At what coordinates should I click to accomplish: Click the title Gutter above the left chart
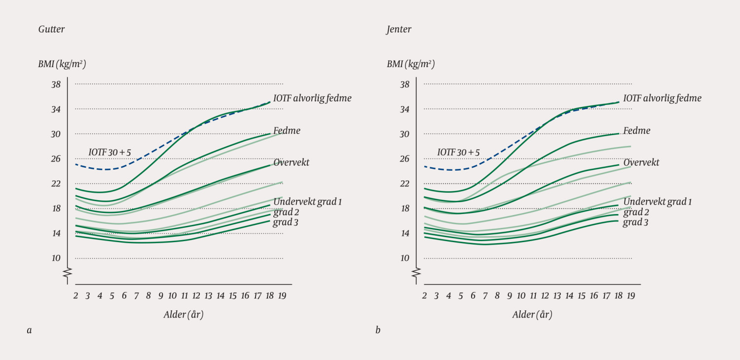point(51,30)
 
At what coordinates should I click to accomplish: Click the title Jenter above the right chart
point(399,30)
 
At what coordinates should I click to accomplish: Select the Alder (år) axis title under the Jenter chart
point(532,315)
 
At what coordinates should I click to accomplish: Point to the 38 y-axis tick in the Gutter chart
point(56,84)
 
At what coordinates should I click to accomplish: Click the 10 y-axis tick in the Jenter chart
point(405,258)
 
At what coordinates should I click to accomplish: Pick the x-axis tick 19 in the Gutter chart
point(281,296)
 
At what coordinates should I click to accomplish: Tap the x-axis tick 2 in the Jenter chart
point(424,296)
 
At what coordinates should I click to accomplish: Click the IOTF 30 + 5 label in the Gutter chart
point(110,152)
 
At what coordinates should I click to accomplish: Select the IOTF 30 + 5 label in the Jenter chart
point(458,152)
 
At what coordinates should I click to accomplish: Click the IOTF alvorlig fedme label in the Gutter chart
point(312,98)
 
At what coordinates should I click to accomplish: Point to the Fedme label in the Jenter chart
point(637,131)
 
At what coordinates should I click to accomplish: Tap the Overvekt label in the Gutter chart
point(291,163)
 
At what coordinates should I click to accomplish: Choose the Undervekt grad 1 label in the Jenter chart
point(657,202)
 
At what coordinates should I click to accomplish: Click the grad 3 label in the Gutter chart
point(286,222)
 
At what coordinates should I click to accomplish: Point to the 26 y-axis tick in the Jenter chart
point(405,159)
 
